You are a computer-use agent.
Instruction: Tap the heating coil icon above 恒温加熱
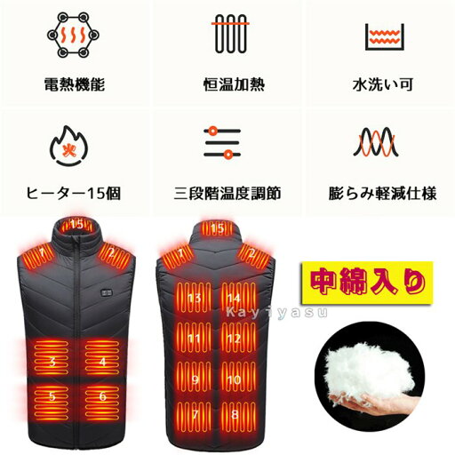tap(229, 36)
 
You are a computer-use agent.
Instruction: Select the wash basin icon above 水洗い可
tap(384, 36)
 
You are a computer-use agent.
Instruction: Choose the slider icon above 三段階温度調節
tap(223, 142)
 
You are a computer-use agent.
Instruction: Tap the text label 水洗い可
tap(382, 87)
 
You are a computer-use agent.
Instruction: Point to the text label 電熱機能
tap(74, 87)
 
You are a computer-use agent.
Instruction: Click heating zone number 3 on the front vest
tap(53, 361)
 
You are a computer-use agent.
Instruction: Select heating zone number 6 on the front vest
tap(103, 396)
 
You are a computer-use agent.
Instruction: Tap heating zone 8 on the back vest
tap(233, 414)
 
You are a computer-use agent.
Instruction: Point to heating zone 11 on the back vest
tap(193, 339)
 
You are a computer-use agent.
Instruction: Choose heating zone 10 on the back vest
tap(233, 379)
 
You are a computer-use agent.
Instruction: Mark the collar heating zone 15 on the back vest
tap(217, 229)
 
